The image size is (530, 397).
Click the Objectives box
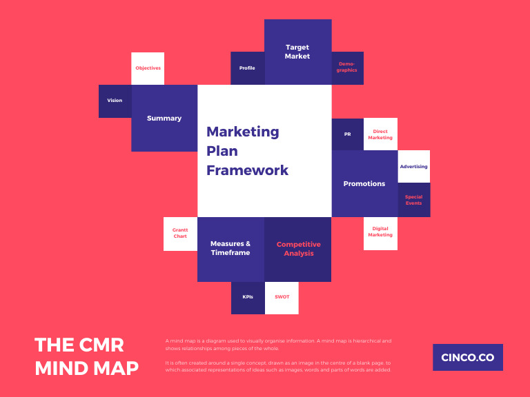coord(148,68)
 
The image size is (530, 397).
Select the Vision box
coord(115,101)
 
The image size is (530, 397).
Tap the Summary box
coord(164,118)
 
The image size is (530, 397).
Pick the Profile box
coord(247,68)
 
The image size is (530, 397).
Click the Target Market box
coord(297,52)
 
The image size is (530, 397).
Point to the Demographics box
coord(347,68)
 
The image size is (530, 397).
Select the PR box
coord(347,134)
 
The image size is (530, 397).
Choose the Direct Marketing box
coord(380,134)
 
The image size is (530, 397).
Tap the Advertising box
coord(413,166)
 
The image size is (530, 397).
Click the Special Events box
coord(414,200)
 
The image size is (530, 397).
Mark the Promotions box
coord(364,183)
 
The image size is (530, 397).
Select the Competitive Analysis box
coord(298,249)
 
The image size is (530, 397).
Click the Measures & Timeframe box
coord(230,249)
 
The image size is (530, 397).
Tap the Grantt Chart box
coord(180,234)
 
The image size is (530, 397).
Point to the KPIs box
coord(248,297)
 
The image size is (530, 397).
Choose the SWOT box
coord(282,297)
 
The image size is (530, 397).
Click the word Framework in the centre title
coord(247,170)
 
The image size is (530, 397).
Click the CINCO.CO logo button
coord(467,357)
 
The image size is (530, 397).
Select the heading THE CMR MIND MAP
coord(87,356)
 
